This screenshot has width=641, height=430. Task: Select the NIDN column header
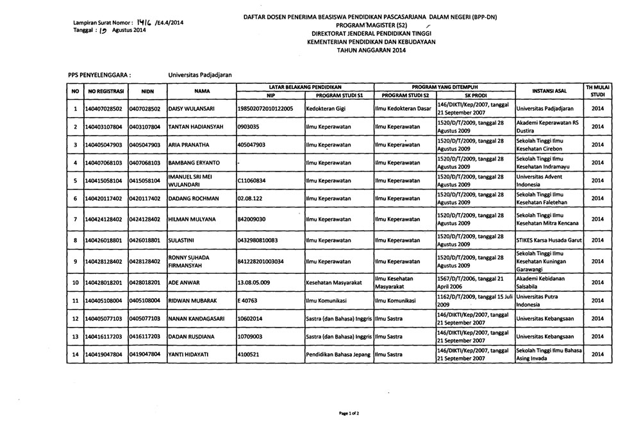147,92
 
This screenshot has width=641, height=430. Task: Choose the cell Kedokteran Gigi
326,109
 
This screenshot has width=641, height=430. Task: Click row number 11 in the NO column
75,300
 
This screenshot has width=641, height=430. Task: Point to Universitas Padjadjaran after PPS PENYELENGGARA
199,74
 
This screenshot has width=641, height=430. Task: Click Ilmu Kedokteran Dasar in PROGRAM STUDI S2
403,109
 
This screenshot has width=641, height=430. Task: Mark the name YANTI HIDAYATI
191,354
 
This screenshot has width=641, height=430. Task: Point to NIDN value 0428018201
147,282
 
